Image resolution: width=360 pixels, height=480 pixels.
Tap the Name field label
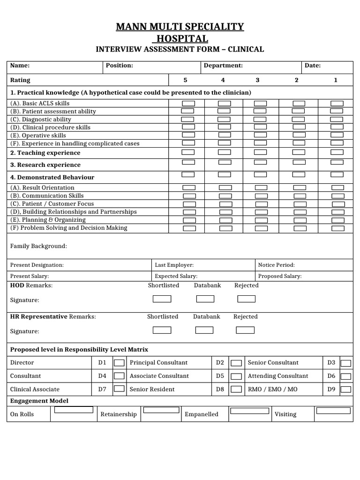pyautogui.click(x=20, y=66)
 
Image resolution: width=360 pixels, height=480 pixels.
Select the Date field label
pyautogui.click(x=313, y=66)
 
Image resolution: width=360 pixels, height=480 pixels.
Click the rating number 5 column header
pyautogui.click(x=185, y=80)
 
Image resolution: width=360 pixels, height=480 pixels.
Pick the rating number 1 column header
pyautogui.click(x=336, y=80)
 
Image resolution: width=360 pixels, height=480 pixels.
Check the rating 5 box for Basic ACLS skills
pyautogui.click(x=188, y=103)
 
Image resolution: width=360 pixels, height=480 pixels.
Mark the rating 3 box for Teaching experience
pyautogui.click(x=261, y=152)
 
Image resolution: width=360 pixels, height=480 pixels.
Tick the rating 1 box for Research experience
pyautogui.click(x=337, y=162)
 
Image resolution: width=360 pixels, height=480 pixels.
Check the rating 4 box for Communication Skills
pyautogui.click(x=225, y=196)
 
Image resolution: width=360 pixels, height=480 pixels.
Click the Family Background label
pyautogui.click(x=38, y=246)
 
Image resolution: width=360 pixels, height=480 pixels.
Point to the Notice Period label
pyautogui.click(x=277, y=265)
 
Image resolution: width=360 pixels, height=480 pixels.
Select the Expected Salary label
pyautogui.click(x=176, y=277)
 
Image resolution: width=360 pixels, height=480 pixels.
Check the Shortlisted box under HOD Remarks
pyautogui.click(x=162, y=299)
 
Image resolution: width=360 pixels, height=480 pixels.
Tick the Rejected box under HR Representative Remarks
pyautogui.click(x=245, y=330)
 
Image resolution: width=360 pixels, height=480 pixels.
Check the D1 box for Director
pyautogui.click(x=120, y=363)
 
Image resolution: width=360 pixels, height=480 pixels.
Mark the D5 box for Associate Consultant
pyautogui.click(x=237, y=376)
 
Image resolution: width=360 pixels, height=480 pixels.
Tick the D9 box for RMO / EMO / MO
pyautogui.click(x=346, y=389)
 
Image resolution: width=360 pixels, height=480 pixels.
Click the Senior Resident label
pyautogui.click(x=152, y=390)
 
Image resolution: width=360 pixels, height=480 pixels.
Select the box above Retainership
pyautogui.click(x=161, y=410)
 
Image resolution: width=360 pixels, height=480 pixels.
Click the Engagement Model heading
pyautogui.click(x=39, y=401)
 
